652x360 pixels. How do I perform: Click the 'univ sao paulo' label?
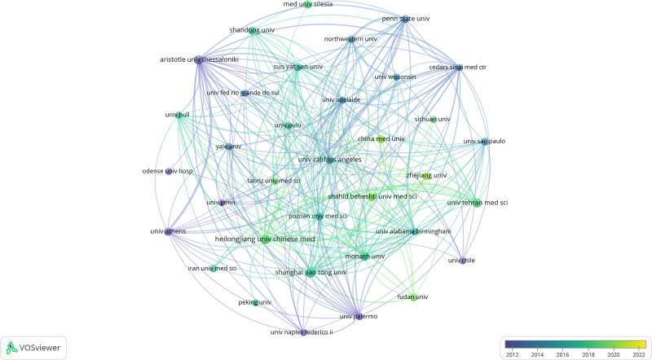(x=485, y=141)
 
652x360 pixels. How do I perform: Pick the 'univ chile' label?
(x=461, y=261)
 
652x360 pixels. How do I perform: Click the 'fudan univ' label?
(x=412, y=297)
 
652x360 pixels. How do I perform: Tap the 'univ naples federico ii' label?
(x=302, y=332)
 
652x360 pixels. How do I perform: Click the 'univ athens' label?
(x=169, y=231)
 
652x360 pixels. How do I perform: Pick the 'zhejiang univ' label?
(x=427, y=175)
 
